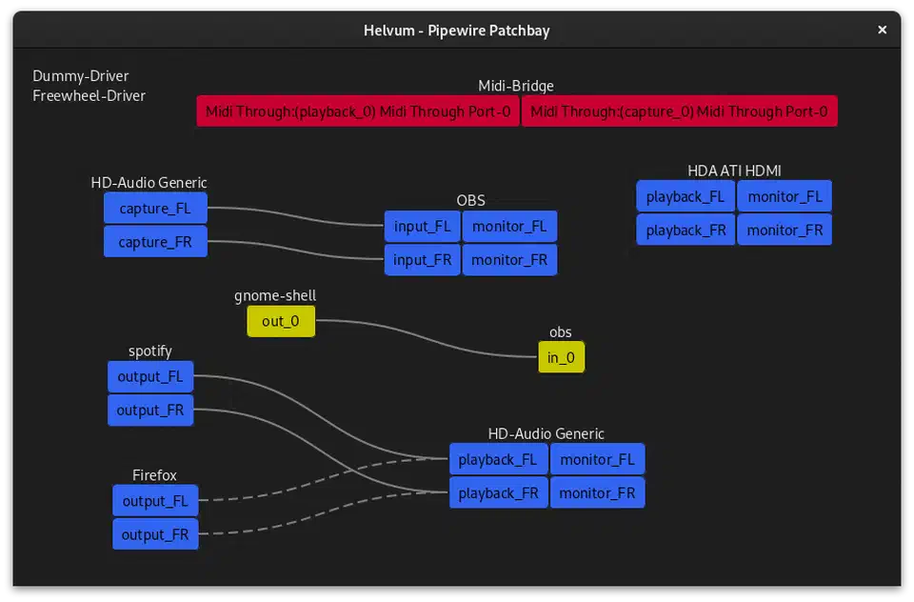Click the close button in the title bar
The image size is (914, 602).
tap(882, 30)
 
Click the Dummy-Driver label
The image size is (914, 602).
tap(81, 76)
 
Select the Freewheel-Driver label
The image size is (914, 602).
tap(89, 95)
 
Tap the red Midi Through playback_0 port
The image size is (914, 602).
tap(358, 111)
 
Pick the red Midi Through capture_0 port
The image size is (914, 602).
tap(679, 111)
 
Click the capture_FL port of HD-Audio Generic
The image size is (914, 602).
tap(155, 209)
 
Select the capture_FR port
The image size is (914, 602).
tap(155, 242)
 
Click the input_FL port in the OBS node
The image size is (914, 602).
tap(422, 227)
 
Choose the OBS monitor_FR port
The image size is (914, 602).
tap(509, 260)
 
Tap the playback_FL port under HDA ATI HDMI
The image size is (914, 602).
tap(685, 197)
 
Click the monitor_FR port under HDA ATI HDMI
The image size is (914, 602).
tap(785, 231)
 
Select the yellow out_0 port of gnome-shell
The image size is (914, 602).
tap(281, 321)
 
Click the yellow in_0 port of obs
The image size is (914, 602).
tap(561, 358)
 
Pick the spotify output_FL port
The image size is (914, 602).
tap(150, 376)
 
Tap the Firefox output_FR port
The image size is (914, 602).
tap(155, 534)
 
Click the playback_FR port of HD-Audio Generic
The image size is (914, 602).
tap(498, 493)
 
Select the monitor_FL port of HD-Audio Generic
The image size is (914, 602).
tap(597, 460)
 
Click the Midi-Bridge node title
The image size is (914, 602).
tap(515, 86)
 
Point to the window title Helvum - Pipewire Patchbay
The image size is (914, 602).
tap(456, 30)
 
